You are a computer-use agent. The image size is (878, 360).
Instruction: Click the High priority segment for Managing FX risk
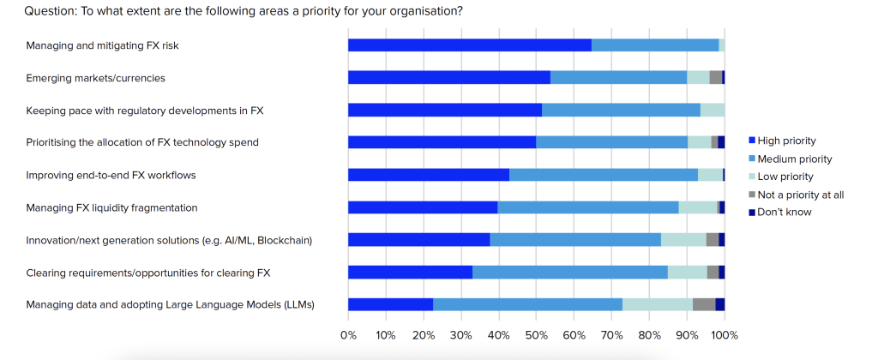(x=469, y=45)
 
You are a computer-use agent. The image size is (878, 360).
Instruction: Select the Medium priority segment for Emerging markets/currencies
(x=618, y=78)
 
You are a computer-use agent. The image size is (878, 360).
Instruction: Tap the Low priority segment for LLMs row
(x=657, y=304)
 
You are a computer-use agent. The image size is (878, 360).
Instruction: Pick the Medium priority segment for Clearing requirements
(x=570, y=272)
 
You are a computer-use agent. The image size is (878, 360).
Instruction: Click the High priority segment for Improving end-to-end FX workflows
(x=429, y=175)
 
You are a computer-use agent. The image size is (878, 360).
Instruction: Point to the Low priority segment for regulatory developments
(x=712, y=110)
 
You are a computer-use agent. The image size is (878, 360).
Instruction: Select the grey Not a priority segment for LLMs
(x=703, y=304)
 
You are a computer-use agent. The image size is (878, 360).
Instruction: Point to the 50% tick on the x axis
(x=536, y=333)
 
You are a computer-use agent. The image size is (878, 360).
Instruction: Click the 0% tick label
(x=348, y=333)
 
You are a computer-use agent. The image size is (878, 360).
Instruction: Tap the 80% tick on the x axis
(x=649, y=333)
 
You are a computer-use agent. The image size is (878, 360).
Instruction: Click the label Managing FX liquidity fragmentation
(x=112, y=207)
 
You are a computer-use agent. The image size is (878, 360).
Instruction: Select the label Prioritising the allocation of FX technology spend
(x=142, y=142)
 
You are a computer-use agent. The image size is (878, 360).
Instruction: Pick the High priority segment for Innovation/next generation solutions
(x=418, y=239)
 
